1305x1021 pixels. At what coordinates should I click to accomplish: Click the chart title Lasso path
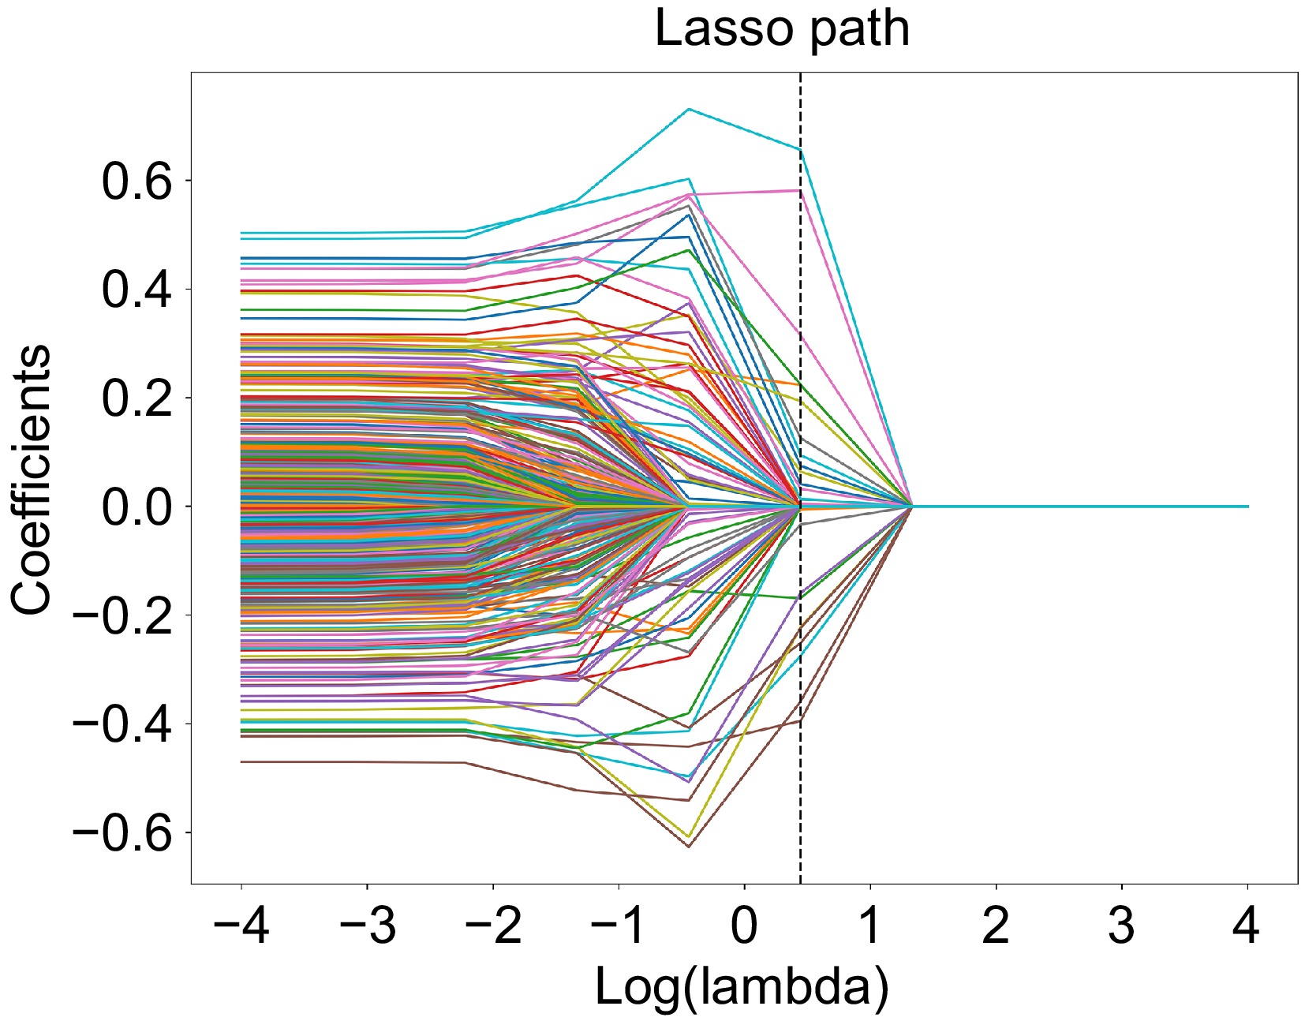click(x=782, y=29)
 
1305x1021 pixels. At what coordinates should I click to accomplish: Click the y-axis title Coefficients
click(x=32, y=479)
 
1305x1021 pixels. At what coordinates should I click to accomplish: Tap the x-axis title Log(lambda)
click(x=742, y=987)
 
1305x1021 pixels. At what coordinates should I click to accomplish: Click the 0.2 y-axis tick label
click(x=136, y=398)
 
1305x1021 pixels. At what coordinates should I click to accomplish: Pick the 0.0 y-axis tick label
click(x=136, y=507)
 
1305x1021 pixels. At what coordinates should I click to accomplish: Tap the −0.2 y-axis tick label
click(x=122, y=615)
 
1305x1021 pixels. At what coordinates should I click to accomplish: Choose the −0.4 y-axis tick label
click(x=122, y=724)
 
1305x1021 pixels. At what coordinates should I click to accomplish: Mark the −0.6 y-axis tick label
click(x=122, y=833)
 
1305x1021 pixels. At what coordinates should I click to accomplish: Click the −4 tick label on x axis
click(x=241, y=925)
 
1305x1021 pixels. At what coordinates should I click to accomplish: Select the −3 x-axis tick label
click(x=367, y=925)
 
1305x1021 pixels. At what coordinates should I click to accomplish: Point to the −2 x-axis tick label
click(x=493, y=925)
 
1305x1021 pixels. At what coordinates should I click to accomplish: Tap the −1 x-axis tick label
click(x=619, y=925)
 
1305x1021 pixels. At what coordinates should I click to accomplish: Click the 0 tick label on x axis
click(x=744, y=925)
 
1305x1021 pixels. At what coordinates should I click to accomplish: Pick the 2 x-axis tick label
click(x=996, y=925)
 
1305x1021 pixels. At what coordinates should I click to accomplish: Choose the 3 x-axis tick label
click(x=1121, y=925)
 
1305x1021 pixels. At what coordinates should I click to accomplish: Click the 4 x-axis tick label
click(x=1247, y=925)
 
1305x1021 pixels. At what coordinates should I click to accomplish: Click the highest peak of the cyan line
click(x=689, y=109)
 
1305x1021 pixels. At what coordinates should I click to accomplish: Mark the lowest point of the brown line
click(x=689, y=847)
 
